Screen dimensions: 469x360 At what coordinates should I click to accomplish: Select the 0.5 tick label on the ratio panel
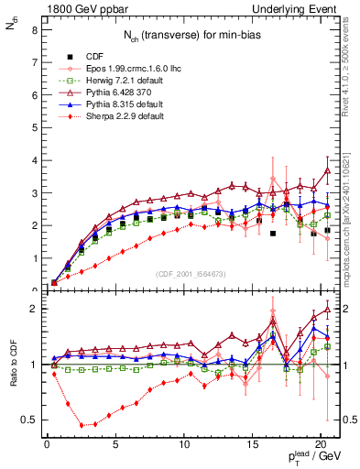click(x=28, y=420)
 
